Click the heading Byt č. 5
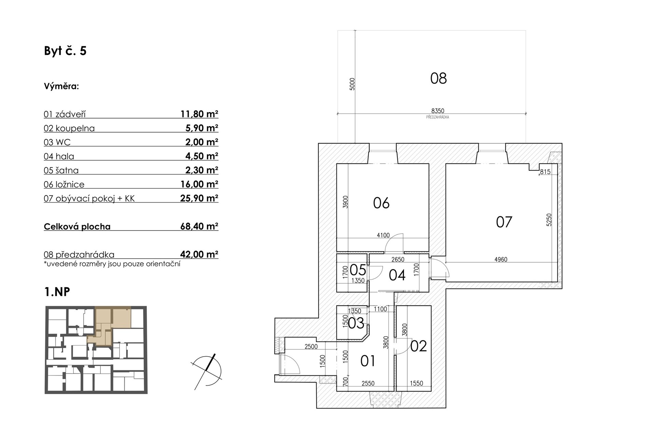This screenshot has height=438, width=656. [x=65, y=51]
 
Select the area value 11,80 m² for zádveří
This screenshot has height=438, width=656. [x=199, y=114]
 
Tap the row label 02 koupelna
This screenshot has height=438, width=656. [x=69, y=128]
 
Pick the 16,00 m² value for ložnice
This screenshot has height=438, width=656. [x=199, y=184]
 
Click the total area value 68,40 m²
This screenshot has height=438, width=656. [x=199, y=226]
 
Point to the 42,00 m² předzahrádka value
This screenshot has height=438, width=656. [x=199, y=254]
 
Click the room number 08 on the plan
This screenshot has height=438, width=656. [x=438, y=78]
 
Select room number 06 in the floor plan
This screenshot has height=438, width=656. [x=381, y=203]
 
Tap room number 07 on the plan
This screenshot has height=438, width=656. [x=504, y=222]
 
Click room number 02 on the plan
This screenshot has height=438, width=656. [x=419, y=346]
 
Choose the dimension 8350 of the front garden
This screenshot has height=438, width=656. [x=438, y=111]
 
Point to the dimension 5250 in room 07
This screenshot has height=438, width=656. [x=549, y=220]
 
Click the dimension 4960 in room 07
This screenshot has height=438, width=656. [x=501, y=259]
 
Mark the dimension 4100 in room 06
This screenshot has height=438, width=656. [x=383, y=235]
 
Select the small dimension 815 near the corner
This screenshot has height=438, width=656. [x=545, y=172]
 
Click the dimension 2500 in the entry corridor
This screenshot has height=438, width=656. [x=311, y=347]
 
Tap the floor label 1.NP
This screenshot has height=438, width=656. [x=57, y=292]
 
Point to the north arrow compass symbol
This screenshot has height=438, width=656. [x=207, y=372]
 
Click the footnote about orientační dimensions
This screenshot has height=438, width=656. [x=112, y=264]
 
